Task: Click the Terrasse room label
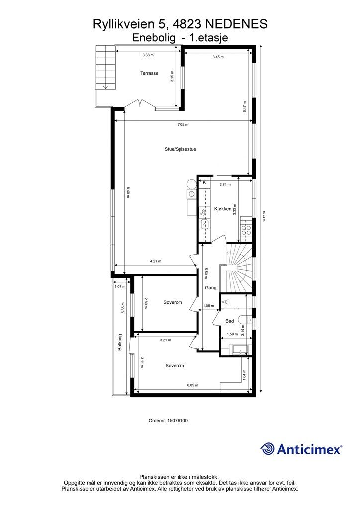click(149, 73)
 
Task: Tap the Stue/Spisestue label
click(180, 149)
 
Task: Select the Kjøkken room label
click(223, 209)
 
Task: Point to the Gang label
click(210, 287)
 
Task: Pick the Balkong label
click(120, 342)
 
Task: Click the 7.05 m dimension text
click(183, 125)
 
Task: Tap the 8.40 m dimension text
click(128, 192)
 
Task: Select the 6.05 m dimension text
click(193, 385)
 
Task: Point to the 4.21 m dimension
click(155, 261)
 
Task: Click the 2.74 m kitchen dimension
click(225, 184)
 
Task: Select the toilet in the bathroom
click(243, 319)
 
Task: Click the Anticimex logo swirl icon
click(268, 449)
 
